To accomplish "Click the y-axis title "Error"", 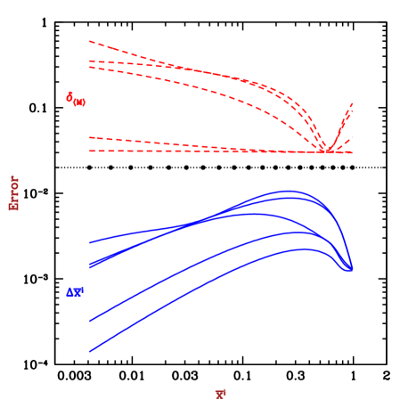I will (14, 192).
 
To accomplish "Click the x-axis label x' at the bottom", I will (220, 394).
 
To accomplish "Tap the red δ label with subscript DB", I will (76, 99).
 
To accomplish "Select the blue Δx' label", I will (74, 291).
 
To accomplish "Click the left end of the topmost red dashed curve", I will (90, 41).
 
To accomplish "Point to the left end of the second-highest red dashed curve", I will (90, 61).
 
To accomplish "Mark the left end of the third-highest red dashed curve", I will (90, 67).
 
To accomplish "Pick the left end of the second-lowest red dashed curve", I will (90, 137).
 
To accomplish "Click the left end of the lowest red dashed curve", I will (90, 151).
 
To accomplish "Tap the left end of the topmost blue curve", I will (90, 241).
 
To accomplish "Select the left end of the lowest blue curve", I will (90, 351).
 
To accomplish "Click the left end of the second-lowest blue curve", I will (90, 319).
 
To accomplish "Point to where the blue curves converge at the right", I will (348, 268).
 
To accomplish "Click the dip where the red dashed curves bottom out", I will (322, 151).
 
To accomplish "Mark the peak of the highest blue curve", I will (288, 191).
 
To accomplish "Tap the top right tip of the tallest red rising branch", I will (353, 103).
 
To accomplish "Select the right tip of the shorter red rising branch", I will (353, 137).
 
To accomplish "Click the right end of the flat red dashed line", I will (352, 152).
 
